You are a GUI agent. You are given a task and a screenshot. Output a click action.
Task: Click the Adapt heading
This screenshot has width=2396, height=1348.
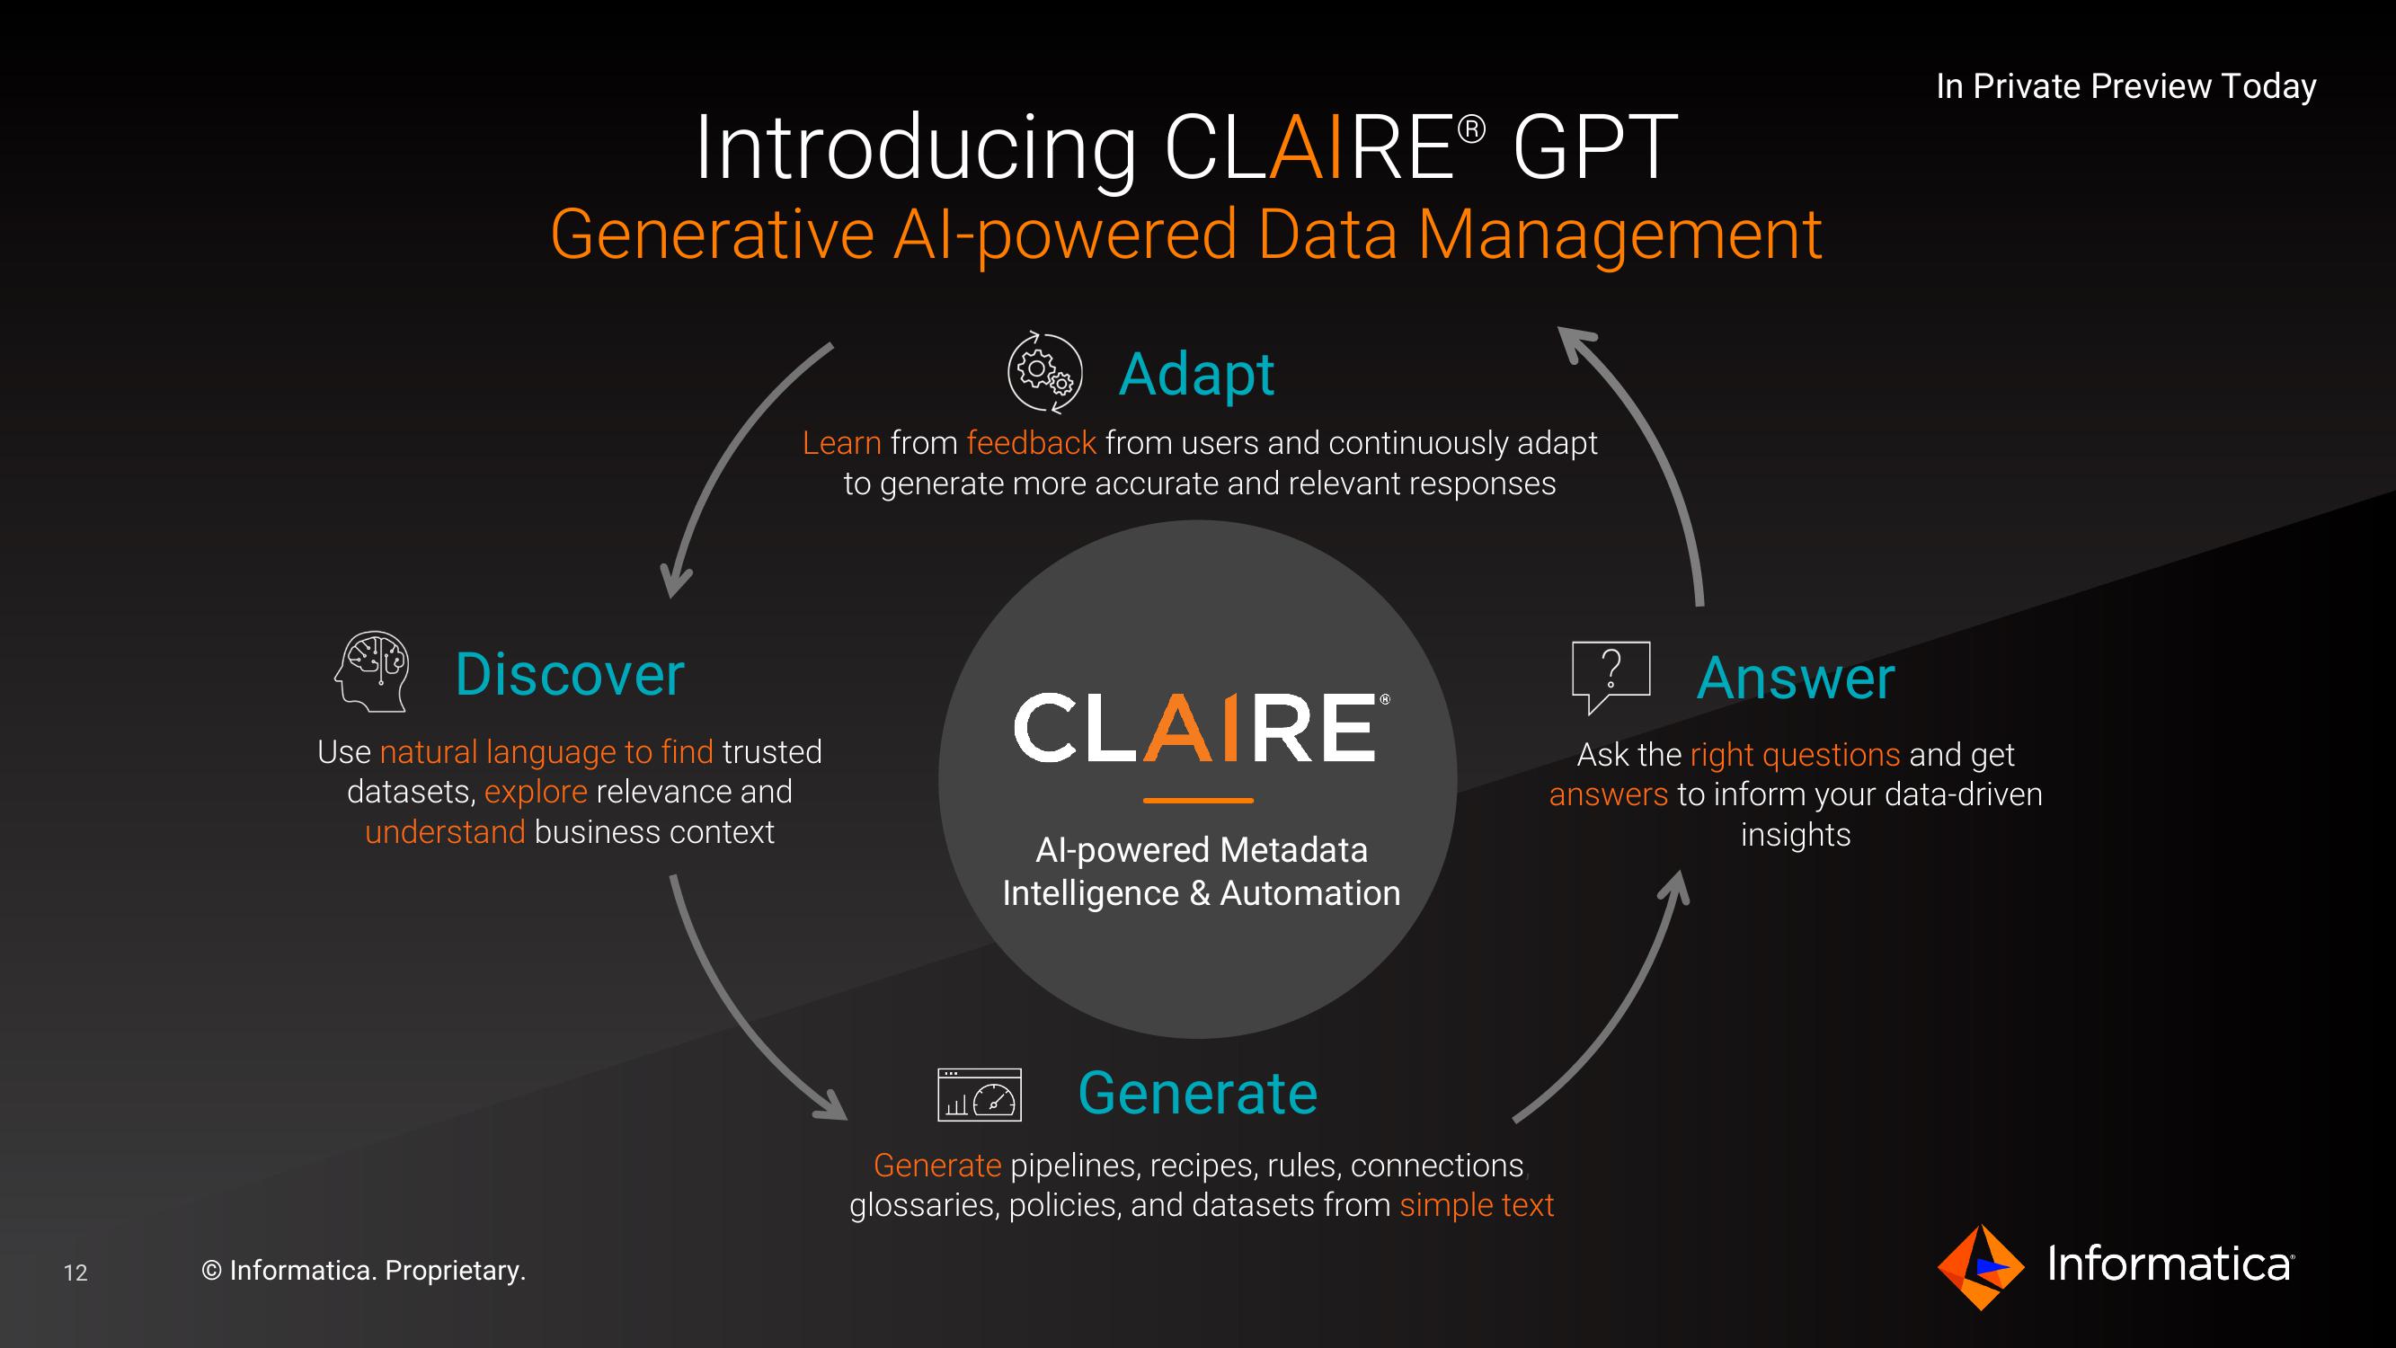[1196, 375]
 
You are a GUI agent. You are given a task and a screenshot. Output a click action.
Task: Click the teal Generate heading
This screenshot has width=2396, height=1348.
[1198, 1092]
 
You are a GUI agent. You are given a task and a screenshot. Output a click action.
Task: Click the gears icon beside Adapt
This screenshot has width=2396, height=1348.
[1044, 372]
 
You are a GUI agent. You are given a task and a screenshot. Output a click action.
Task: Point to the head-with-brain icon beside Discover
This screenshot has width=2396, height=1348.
[372, 671]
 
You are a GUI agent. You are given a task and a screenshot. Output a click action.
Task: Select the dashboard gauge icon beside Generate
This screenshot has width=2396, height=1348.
[980, 1095]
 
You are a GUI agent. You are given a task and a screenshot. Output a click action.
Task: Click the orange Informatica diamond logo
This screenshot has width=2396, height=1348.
[1980, 1267]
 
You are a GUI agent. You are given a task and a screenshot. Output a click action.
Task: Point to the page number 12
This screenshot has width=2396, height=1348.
[75, 1273]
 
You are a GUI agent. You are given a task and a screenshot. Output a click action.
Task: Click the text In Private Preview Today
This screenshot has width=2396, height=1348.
[2125, 86]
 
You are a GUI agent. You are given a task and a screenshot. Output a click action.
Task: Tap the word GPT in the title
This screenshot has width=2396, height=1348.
[1594, 148]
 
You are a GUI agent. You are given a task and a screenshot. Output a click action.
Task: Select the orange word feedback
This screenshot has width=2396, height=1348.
[1031, 443]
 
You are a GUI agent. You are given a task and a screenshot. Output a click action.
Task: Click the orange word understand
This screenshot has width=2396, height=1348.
[445, 831]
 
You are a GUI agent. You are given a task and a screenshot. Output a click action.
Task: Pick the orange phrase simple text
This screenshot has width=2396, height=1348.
[1476, 1205]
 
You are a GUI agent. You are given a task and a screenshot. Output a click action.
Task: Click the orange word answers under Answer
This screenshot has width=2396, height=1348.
[1608, 794]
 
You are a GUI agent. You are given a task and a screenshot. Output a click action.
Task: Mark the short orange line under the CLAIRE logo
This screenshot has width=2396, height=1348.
[1198, 800]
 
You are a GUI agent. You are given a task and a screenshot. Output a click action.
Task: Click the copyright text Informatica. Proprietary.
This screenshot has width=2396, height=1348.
[364, 1271]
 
